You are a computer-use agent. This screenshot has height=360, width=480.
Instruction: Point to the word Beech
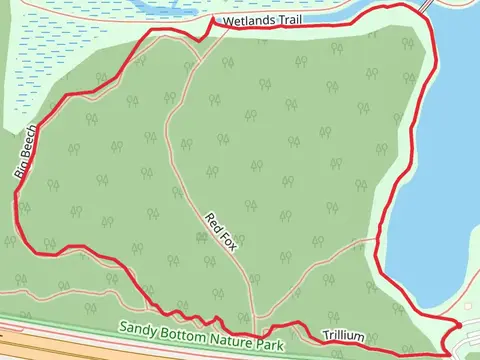click(30, 143)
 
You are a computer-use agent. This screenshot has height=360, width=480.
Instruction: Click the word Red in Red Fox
click(213, 222)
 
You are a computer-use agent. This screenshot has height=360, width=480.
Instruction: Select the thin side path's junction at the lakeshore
click(378, 240)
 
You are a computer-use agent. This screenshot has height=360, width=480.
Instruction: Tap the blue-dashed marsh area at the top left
click(50, 50)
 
